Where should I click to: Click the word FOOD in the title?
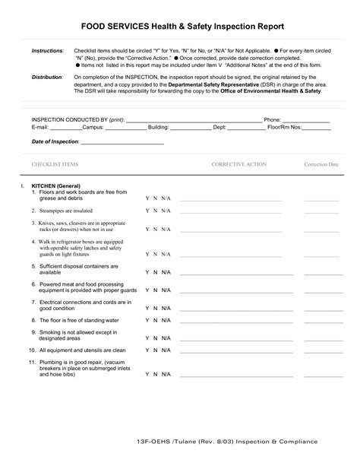[94, 24]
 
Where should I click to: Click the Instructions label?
[47, 50]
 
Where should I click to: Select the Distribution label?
[47, 78]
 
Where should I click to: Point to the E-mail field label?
[40, 128]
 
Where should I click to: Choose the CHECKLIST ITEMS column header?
[55, 164]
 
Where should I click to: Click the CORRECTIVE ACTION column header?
[238, 164]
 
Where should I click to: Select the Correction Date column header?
[321, 164]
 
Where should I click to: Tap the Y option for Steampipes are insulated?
[147, 211]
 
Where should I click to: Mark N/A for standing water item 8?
[166, 321]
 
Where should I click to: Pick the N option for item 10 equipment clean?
[156, 350]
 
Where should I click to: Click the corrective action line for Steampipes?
[230, 213]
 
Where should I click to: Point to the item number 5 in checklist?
[34, 266]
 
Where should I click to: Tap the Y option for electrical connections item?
[147, 306]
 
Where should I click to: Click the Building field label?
[158, 128]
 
